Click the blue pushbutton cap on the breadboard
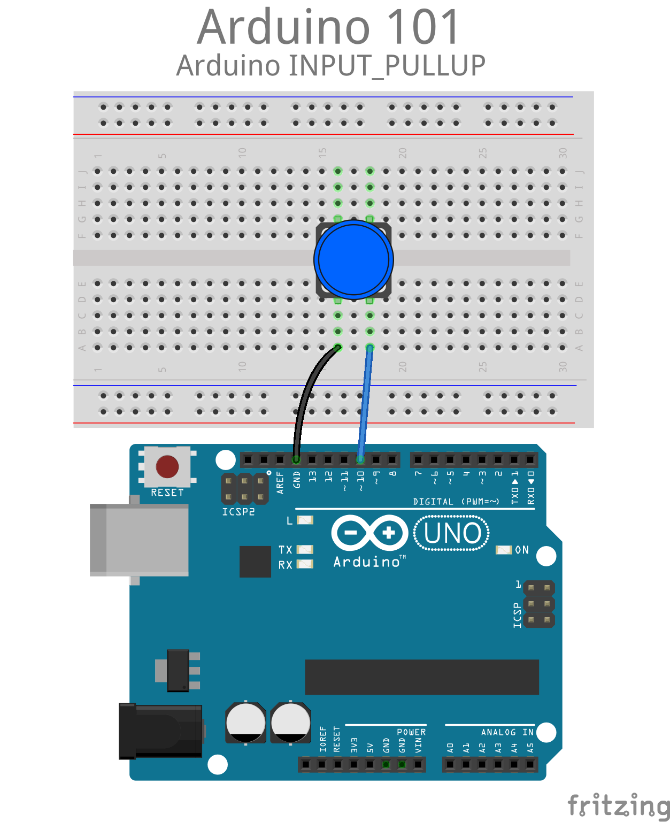click(x=353, y=259)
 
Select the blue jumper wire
click(x=365, y=403)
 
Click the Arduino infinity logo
click(x=369, y=533)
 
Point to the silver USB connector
click(x=139, y=540)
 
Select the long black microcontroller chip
click(x=422, y=677)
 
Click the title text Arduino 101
click(x=328, y=27)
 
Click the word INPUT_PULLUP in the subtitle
click(x=387, y=65)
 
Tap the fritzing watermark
click(x=619, y=804)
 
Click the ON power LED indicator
click(x=503, y=550)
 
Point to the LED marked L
click(x=305, y=520)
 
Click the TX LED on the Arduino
click(x=305, y=550)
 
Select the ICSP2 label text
click(x=238, y=512)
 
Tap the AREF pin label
click(x=280, y=482)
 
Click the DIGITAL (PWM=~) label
click(x=456, y=502)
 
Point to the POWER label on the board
click(x=411, y=732)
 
